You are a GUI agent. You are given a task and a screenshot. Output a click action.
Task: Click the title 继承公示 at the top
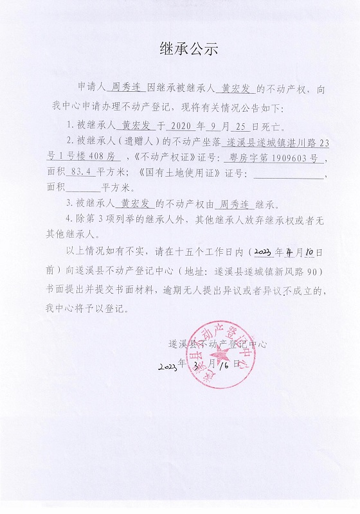[x=180, y=48]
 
